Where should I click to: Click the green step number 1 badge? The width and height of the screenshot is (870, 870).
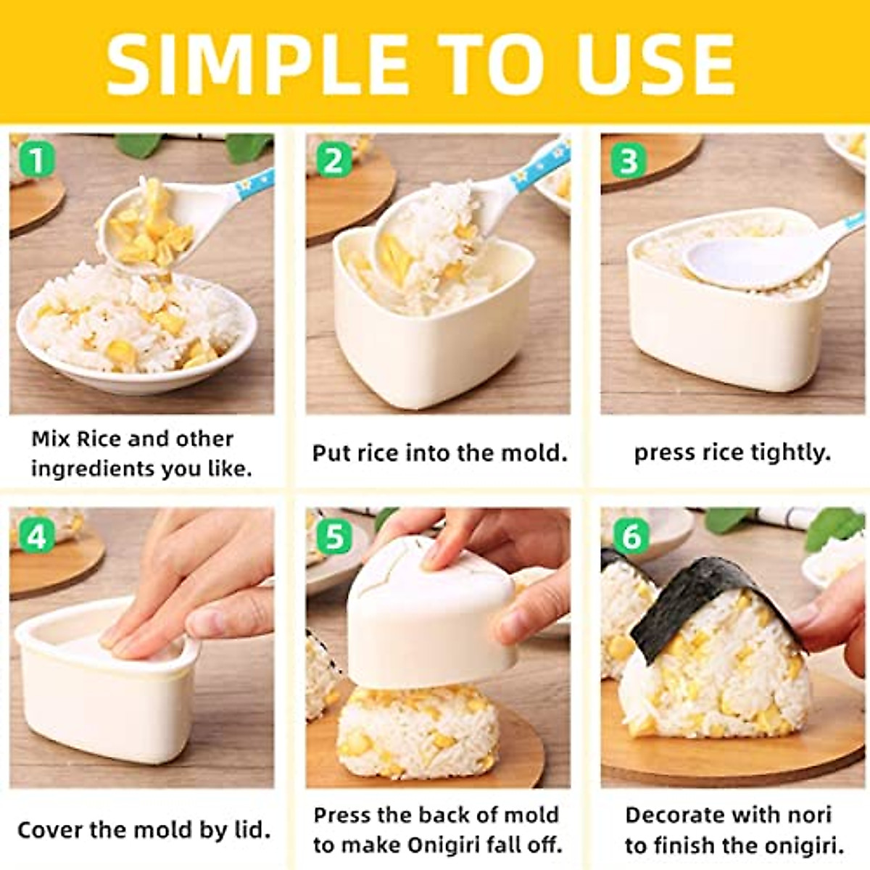(x=36, y=159)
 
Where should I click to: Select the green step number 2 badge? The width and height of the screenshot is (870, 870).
(x=333, y=160)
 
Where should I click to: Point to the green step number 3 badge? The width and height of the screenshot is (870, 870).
(x=629, y=160)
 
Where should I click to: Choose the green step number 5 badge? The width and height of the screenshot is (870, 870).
(x=333, y=536)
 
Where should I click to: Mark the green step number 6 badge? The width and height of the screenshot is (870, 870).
(x=630, y=536)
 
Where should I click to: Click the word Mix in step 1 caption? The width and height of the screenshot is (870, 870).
(x=51, y=439)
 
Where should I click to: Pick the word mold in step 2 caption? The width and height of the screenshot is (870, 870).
(x=535, y=453)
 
